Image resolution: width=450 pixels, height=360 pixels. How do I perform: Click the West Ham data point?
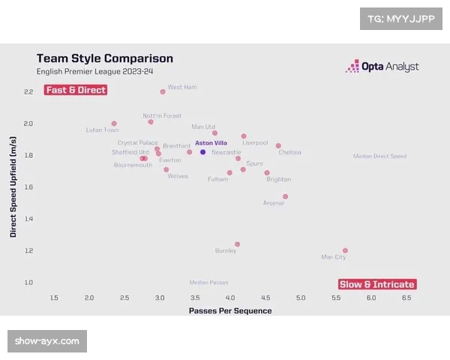pos(163,91)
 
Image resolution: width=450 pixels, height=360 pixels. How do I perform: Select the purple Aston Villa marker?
pos(202,152)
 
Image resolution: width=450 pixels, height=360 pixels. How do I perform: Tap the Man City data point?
pos(345,250)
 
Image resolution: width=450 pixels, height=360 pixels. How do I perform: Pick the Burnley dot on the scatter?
pos(237,244)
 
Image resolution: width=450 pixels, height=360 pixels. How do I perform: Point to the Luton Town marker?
pos(114,124)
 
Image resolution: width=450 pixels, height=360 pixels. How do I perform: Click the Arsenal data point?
pos(285,196)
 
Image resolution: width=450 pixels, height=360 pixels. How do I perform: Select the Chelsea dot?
pos(278,145)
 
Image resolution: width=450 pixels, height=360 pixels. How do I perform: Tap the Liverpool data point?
pos(244,136)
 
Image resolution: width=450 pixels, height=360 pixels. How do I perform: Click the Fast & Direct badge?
pos(76,90)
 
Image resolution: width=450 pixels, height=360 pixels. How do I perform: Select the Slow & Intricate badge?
pos(377,284)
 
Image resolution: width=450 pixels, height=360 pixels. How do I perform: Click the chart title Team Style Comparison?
pos(105,58)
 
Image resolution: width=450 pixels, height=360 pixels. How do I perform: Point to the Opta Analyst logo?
pos(382,67)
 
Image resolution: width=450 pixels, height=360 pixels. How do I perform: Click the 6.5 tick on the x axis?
pos(406,298)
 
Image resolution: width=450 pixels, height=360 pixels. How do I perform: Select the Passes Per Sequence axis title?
pos(230,310)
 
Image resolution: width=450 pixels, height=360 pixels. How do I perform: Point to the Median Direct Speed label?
pos(379,156)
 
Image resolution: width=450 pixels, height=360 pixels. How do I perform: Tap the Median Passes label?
pos(208,283)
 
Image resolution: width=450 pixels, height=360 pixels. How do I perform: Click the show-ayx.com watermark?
pos(47,341)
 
